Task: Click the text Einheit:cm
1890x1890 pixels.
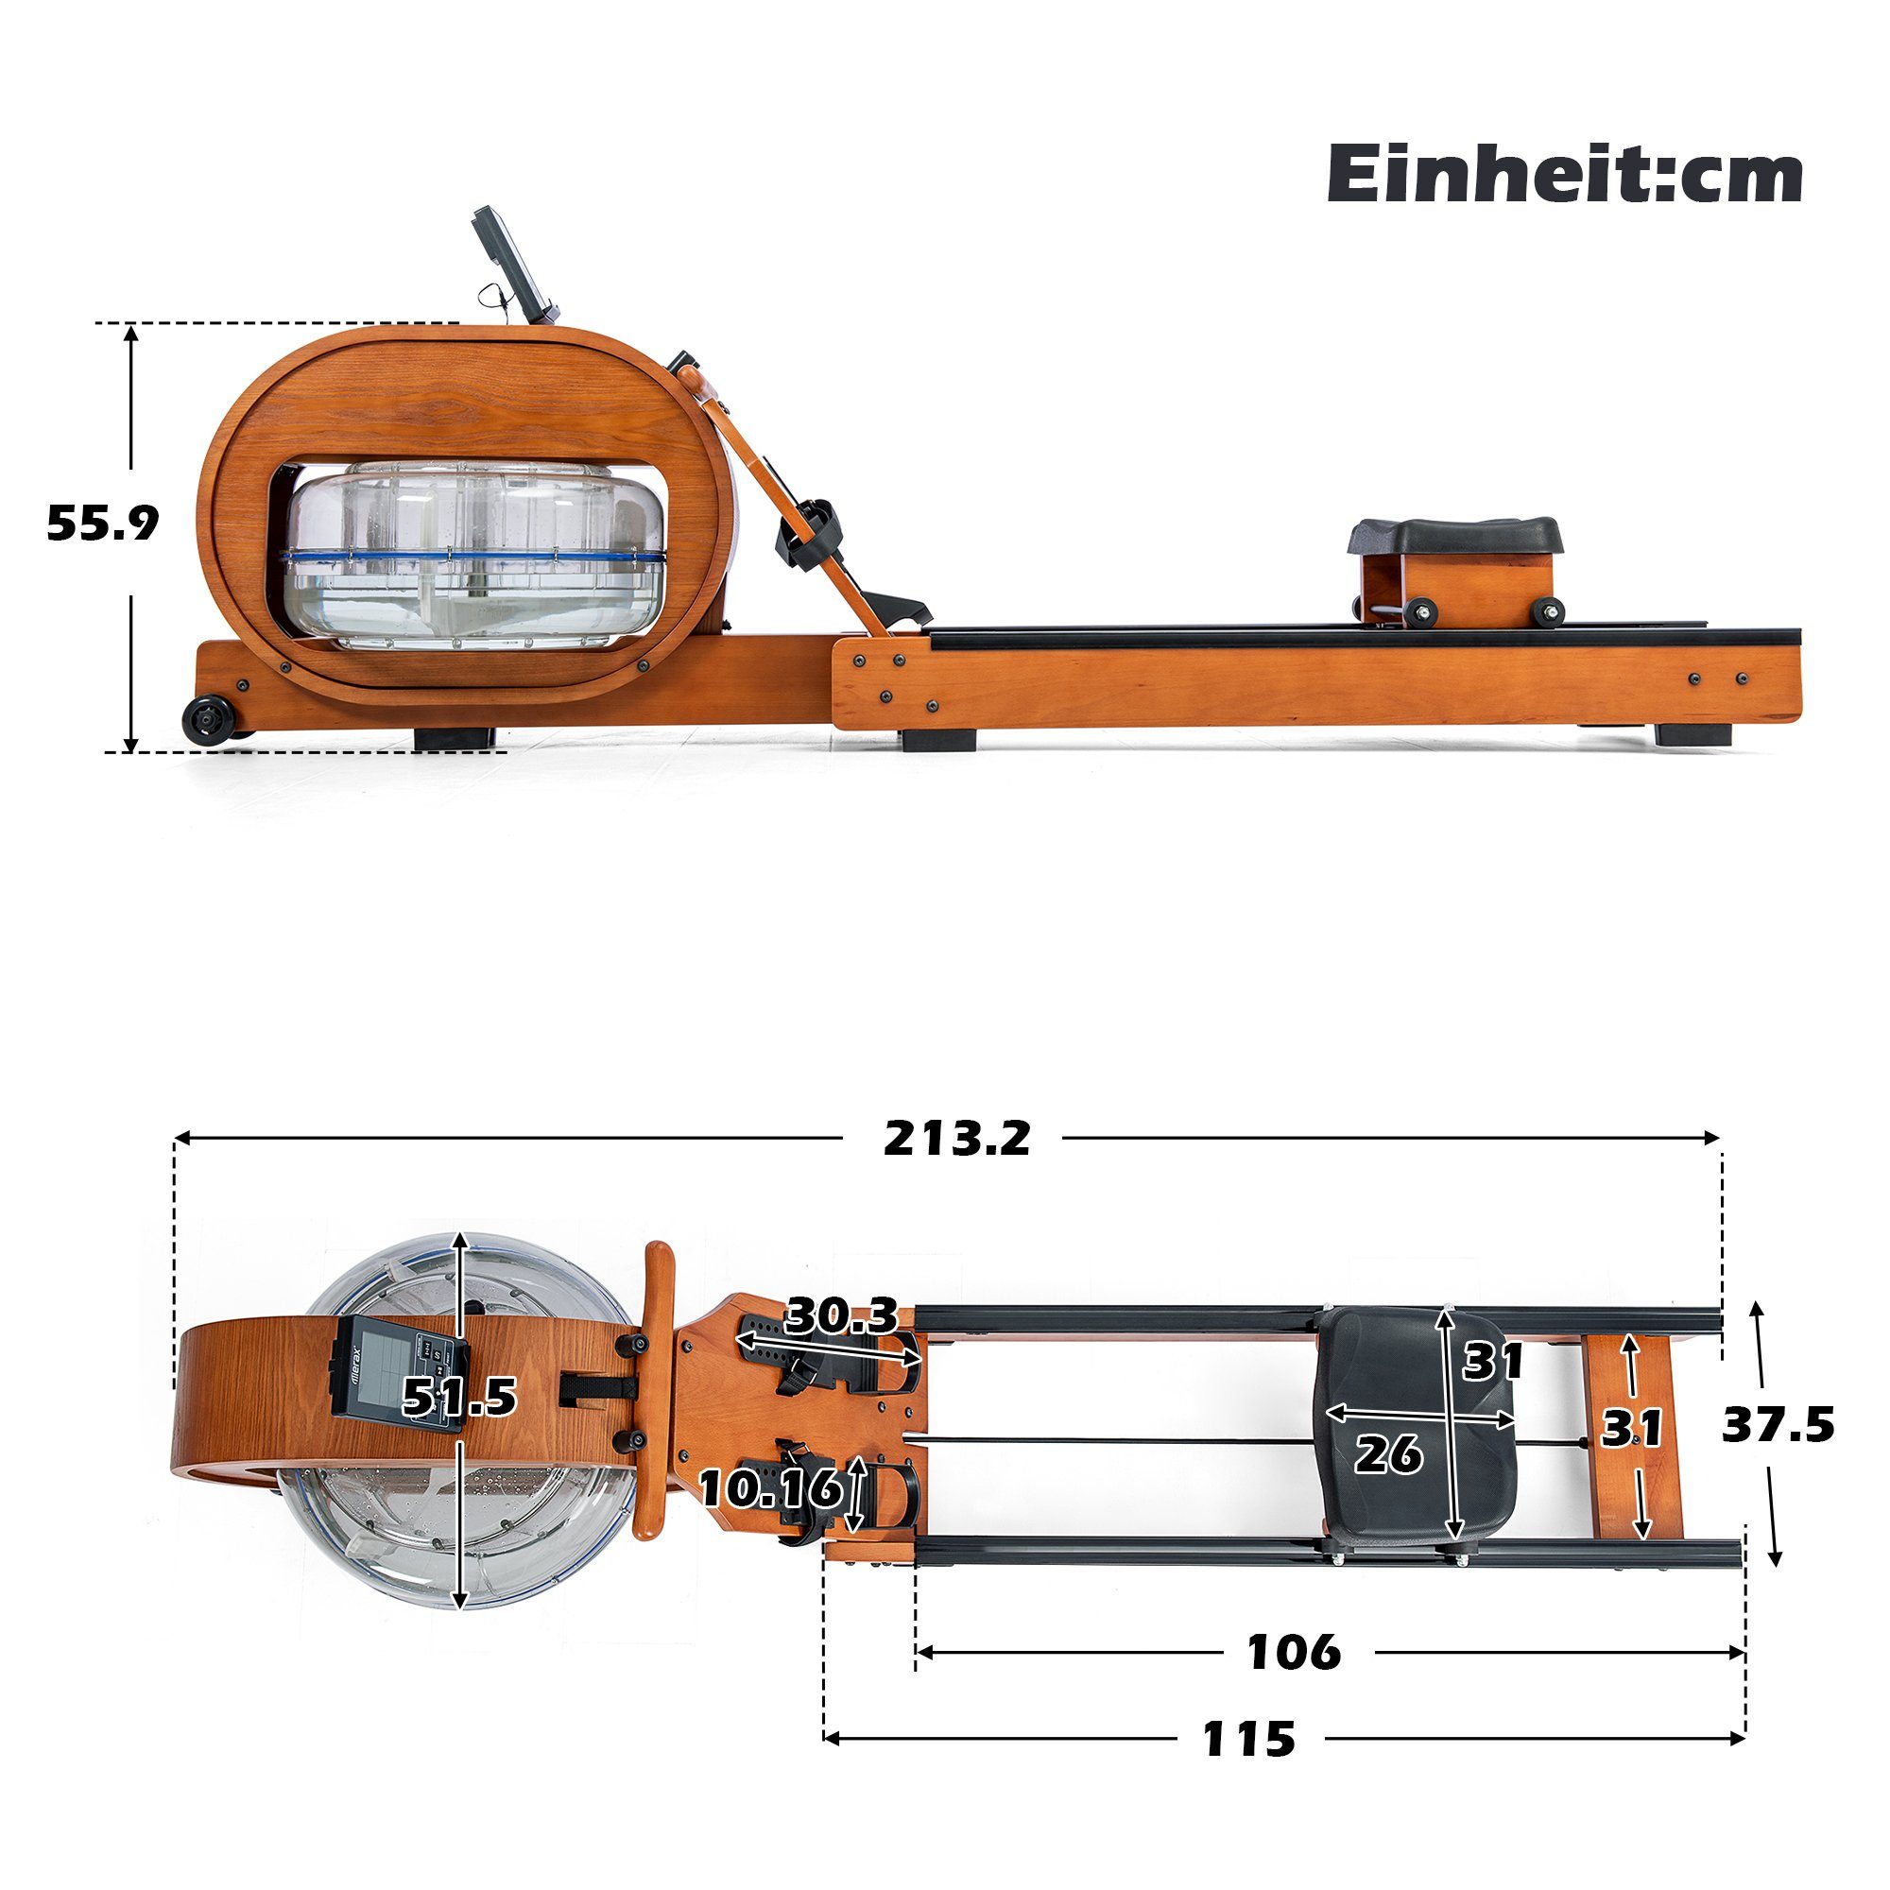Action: pos(1563,175)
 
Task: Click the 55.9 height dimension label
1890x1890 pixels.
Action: pos(103,524)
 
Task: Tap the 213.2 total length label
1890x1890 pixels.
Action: pos(956,1138)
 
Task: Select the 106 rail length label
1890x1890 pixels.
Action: pos(1295,1652)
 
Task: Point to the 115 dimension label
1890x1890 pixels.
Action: pos(1248,1739)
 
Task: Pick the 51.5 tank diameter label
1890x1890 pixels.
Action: pos(460,1396)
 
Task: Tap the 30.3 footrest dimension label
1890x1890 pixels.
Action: pos(841,1315)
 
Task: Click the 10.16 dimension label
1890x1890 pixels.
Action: pos(771,1488)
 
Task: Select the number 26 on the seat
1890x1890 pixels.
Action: pos(1388,1454)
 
